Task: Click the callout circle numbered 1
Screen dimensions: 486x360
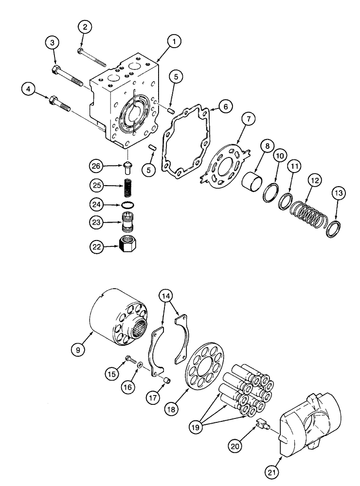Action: pyautogui.click(x=173, y=42)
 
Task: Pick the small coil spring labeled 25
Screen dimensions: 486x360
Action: pyautogui.click(x=128, y=186)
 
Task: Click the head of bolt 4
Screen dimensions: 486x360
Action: pyautogui.click(x=52, y=101)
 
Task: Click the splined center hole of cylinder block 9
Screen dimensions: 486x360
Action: pyautogui.click(x=141, y=332)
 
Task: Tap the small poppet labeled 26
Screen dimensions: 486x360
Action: pyautogui.click(x=128, y=168)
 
